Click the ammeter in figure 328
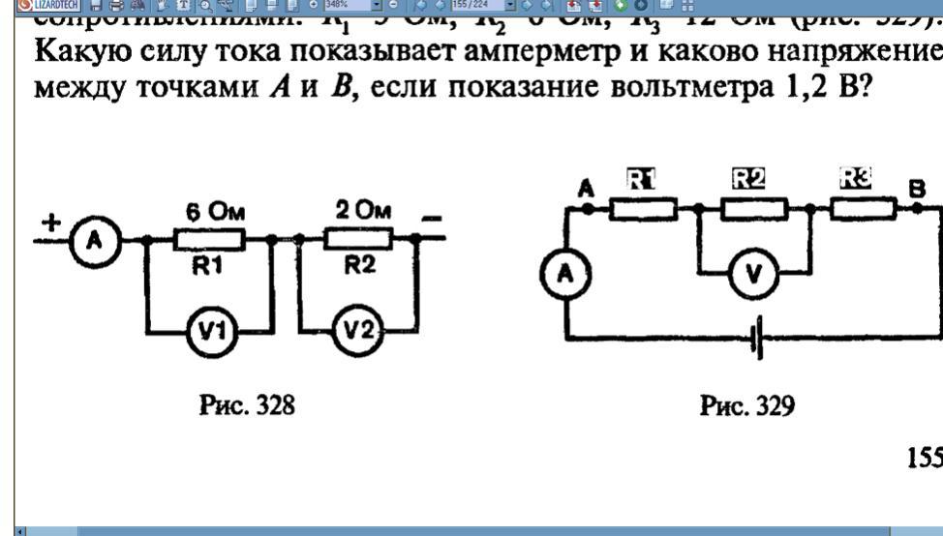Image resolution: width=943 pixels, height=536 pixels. point(94,239)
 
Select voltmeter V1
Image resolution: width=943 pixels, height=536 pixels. point(208,333)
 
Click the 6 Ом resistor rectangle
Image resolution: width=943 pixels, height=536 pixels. point(209,237)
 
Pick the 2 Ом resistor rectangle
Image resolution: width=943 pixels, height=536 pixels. point(356,237)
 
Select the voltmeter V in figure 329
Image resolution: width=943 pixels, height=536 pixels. point(752,275)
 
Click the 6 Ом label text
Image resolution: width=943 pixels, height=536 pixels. point(209,212)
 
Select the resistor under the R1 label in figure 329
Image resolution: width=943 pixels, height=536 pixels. point(644,207)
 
